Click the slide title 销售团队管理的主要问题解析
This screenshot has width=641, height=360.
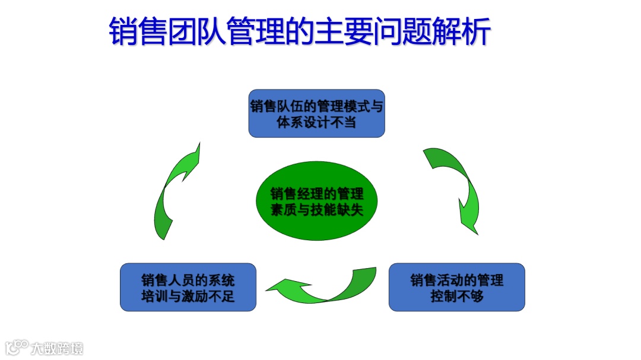(x=300, y=31)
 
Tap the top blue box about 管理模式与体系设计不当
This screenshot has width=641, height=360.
(x=316, y=114)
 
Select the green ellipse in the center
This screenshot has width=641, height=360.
(x=316, y=202)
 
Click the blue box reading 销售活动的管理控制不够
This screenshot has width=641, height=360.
(x=456, y=288)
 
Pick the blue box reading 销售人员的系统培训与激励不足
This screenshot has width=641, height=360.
(x=188, y=288)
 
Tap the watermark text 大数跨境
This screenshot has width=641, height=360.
(x=58, y=348)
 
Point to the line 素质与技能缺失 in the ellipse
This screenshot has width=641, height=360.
(x=316, y=211)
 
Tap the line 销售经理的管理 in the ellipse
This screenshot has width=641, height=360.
(x=316, y=194)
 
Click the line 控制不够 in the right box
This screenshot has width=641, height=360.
(x=456, y=296)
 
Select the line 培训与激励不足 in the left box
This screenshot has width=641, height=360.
(x=188, y=296)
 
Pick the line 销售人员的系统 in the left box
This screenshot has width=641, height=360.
(x=188, y=279)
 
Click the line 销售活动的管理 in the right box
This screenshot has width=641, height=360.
(x=456, y=279)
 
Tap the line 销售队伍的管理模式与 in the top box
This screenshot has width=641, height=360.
(x=316, y=106)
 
